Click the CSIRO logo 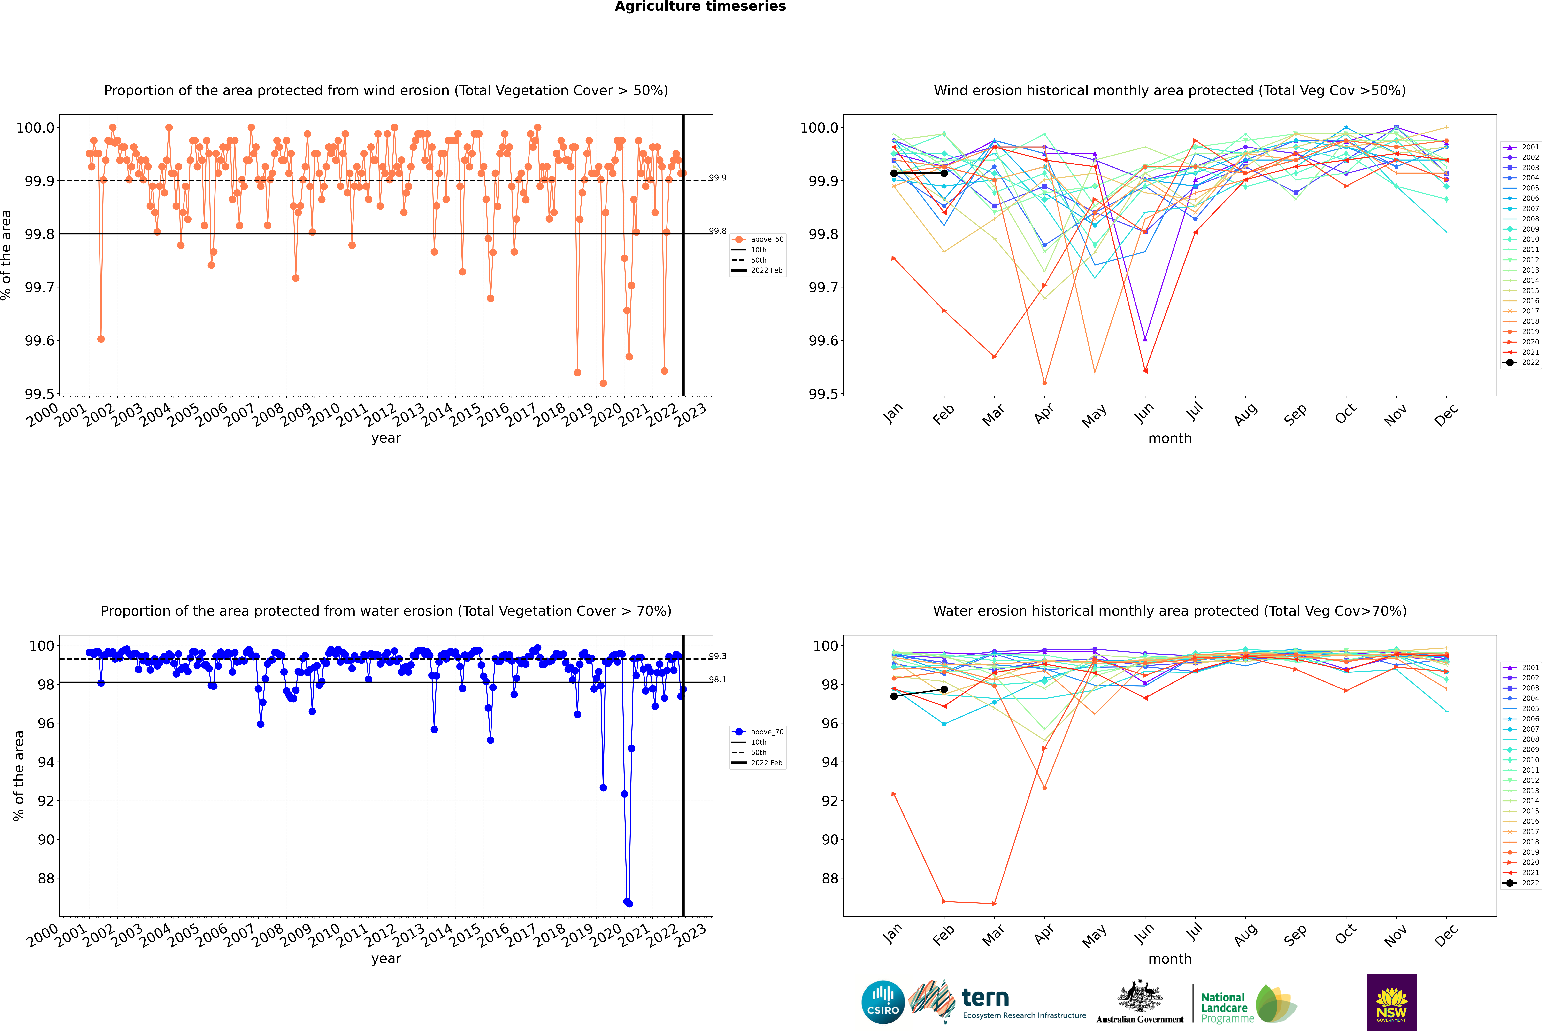coord(883,1002)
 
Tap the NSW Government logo coord(1391,1002)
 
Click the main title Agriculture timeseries coord(700,7)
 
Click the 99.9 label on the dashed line coord(718,178)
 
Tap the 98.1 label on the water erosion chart coord(718,679)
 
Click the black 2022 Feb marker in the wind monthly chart coord(944,173)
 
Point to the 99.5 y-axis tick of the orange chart coord(39,394)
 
